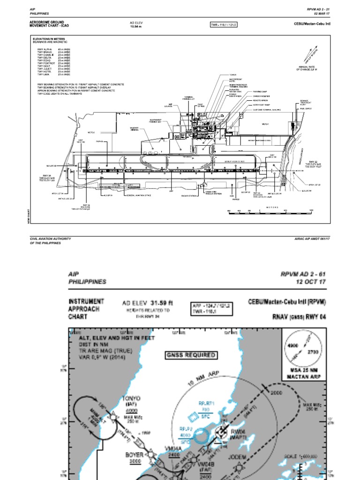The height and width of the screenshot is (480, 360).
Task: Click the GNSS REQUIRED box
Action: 191,355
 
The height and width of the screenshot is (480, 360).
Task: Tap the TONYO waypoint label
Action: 131,399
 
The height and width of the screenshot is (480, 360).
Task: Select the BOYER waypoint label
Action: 134,455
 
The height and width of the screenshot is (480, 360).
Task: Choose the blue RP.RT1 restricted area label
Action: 206,403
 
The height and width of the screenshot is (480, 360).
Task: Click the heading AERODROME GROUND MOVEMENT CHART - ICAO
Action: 49,24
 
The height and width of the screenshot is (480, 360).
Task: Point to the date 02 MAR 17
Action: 322,14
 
